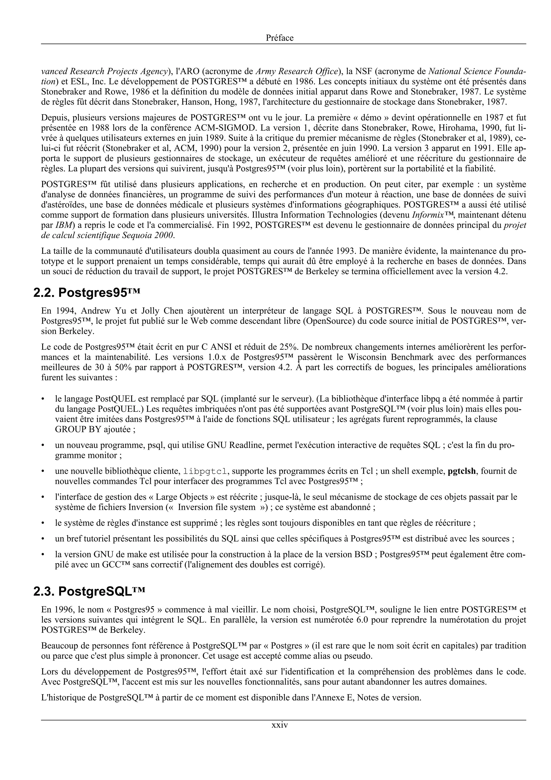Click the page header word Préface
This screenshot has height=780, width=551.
(x=280, y=38)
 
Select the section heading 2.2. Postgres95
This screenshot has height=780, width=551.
(x=87, y=293)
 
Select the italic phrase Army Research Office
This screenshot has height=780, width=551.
(x=297, y=71)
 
